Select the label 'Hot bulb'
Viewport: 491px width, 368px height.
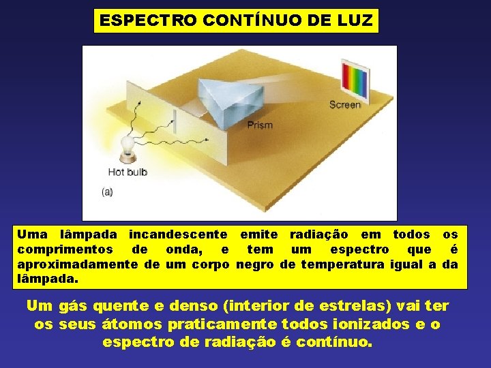click(x=128, y=172)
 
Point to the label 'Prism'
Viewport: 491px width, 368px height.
click(x=260, y=125)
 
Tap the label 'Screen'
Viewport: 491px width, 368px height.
click(x=344, y=104)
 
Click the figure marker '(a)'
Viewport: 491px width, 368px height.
click(x=107, y=192)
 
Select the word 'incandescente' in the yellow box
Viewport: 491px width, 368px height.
click(x=178, y=235)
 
